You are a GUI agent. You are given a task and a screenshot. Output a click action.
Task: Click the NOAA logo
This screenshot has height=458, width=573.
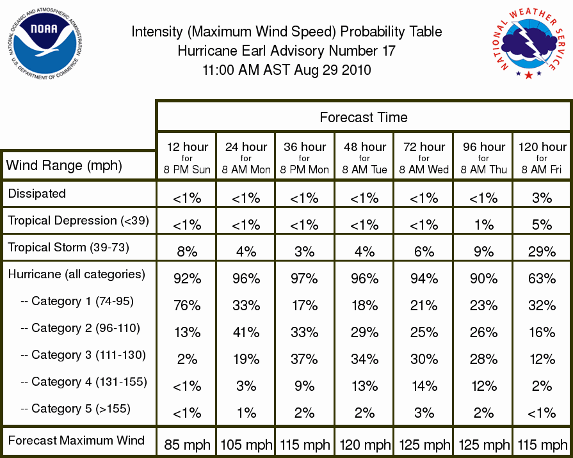(44, 43)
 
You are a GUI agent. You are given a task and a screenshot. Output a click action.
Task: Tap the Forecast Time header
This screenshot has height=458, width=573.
(363, 117)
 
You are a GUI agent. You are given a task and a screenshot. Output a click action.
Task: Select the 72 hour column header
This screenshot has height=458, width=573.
(424, 158)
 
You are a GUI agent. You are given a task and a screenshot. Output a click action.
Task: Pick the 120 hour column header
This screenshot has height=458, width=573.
(542, 158)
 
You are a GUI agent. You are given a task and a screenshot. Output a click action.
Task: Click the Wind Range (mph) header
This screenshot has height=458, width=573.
(64, 166)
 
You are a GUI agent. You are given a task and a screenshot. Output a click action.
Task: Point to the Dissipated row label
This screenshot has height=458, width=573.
(37, 193)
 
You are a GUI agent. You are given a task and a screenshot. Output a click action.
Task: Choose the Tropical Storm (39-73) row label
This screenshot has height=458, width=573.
(69, 248)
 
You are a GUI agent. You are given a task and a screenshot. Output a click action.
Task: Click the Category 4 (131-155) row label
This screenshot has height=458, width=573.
(84, 382)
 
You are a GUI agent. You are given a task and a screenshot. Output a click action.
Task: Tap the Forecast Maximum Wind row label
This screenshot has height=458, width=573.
(76, 440)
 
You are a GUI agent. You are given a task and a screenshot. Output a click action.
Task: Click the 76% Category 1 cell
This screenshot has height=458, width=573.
(187, 305)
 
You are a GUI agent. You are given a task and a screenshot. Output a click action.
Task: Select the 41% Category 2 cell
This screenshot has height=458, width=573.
(246, 333)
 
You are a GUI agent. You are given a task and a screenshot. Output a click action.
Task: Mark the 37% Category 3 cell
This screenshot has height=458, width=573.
(304, 359)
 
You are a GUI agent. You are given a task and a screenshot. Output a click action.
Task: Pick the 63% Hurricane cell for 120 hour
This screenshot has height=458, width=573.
(542, 279)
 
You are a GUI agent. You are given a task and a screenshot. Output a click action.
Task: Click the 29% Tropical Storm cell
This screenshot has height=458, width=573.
(542, 251)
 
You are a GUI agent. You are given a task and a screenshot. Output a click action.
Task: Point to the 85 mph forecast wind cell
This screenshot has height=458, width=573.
(187, 445)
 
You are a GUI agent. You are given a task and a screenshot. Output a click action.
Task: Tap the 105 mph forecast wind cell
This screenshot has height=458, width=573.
(246, 445)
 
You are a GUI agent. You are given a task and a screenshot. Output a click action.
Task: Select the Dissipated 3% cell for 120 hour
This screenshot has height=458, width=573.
(542, 198)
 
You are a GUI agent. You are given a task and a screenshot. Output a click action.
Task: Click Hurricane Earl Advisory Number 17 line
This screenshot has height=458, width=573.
(287, 51)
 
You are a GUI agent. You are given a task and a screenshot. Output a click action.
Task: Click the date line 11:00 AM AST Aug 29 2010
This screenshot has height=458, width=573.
(287, 70)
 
